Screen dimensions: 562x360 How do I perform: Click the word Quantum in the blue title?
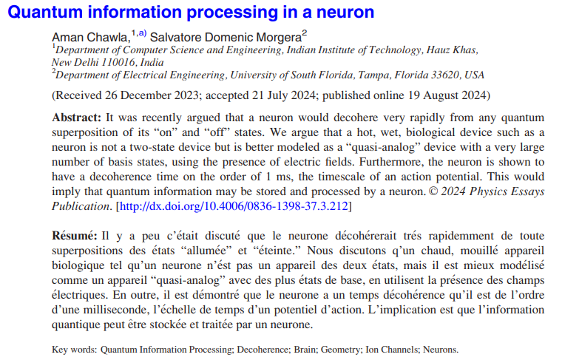(45, 12)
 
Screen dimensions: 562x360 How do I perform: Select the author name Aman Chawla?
(90, 37)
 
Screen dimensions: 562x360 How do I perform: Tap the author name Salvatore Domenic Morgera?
(226, 37)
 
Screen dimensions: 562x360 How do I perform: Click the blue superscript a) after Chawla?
(143, 33)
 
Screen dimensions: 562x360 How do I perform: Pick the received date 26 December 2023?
(152, 95)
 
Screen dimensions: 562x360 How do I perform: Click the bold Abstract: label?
(77, 118)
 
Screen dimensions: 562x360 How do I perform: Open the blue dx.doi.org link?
(234, 206)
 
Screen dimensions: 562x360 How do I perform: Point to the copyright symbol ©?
(433, 191)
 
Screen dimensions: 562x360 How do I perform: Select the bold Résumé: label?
(75, 236)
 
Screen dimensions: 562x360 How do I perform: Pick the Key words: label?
(75, 350)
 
